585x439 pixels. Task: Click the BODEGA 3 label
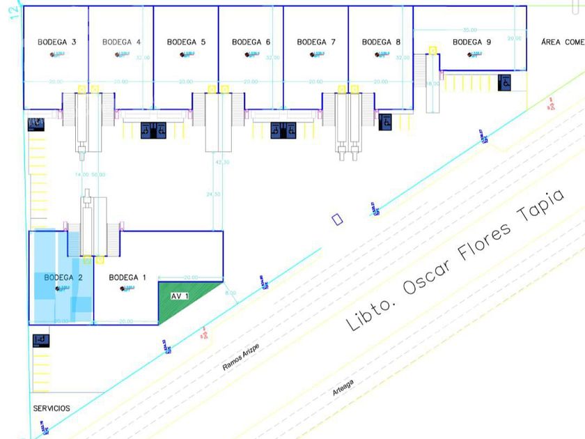click(x=57, y=42)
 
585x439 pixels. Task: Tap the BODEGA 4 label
click(x=122, y=42)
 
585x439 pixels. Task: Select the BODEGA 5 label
click(x=187, y=42)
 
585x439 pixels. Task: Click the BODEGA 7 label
click(x=316, y=42)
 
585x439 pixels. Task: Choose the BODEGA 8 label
click(x=381, y=42)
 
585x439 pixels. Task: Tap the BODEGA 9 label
click(x=471, y=42)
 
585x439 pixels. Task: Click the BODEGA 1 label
click(x=127, y=277)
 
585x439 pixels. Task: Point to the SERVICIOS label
click(x=51, y=408)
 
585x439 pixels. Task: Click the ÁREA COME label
click(x=562, y=42)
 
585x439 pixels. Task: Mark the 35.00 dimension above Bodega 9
click(x=470, y=30)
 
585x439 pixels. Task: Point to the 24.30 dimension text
click(x=213, y=194)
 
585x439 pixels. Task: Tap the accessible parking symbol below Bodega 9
click(x=505, y=82)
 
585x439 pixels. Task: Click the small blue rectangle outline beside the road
click(x=338, y=219)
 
